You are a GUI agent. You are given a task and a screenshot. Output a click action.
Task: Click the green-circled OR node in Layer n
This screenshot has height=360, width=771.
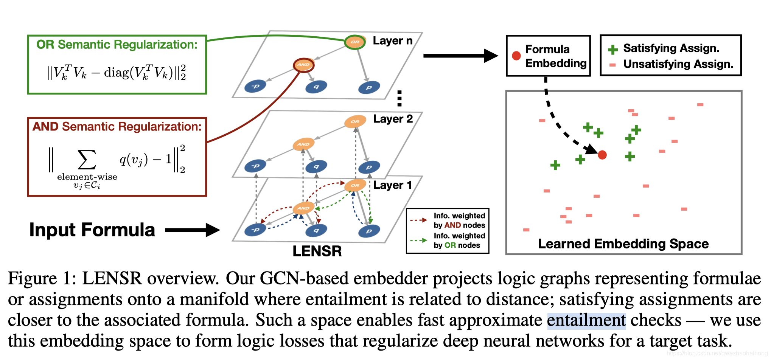[355, 42]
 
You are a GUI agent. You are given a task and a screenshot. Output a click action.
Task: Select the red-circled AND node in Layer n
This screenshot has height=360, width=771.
[303, 65]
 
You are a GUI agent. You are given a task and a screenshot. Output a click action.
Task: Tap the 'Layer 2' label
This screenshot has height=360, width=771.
[393, 119]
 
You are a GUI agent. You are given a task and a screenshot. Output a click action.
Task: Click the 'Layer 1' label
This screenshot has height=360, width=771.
[392, 185]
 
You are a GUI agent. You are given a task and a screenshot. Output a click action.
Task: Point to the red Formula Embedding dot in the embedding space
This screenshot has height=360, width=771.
[602, 155]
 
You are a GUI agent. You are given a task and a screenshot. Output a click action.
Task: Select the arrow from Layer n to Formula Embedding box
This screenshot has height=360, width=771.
[460, 56]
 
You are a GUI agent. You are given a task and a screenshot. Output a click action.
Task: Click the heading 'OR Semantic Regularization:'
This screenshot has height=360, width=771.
[117, 45]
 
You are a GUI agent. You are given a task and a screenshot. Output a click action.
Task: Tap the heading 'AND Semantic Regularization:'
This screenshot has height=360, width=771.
[117, 126]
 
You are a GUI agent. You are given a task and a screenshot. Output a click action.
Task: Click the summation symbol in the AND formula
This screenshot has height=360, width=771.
[87, 160]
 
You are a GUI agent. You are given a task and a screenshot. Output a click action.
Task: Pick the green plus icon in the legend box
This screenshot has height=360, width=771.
[612, 50]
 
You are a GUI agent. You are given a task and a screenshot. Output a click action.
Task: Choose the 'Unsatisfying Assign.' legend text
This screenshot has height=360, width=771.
[678, 64]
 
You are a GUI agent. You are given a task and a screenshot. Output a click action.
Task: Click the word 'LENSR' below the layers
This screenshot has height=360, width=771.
[317, 251]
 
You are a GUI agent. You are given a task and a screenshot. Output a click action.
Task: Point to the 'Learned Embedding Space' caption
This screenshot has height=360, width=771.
[623, 244]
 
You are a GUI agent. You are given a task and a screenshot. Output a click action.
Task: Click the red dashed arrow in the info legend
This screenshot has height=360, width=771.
[418, 220]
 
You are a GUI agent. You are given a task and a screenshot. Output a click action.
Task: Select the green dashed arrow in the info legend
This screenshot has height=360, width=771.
[418, 240]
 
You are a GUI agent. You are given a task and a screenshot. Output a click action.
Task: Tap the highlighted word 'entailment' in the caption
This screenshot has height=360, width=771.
[586, 320]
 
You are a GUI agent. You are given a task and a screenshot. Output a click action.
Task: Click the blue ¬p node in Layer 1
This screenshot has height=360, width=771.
[255, 230]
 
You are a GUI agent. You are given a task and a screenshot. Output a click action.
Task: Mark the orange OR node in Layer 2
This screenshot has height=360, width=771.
[355, 121]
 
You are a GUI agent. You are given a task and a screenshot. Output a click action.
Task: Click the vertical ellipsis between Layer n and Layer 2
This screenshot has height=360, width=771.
[399, 98]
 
